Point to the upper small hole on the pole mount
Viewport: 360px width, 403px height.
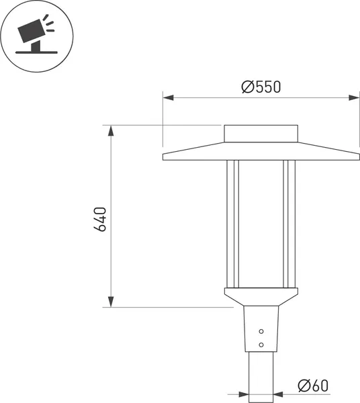262,331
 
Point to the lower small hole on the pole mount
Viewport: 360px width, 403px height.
262,345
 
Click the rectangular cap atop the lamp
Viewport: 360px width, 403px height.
261,133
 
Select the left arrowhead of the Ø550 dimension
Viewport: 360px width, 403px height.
168,98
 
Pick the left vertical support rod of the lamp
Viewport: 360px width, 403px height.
232,222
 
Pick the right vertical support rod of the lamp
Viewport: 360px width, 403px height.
289,222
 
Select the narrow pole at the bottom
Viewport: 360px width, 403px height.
261,376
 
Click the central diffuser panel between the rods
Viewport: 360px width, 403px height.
261,222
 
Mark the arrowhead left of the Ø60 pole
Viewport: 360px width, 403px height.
242,394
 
